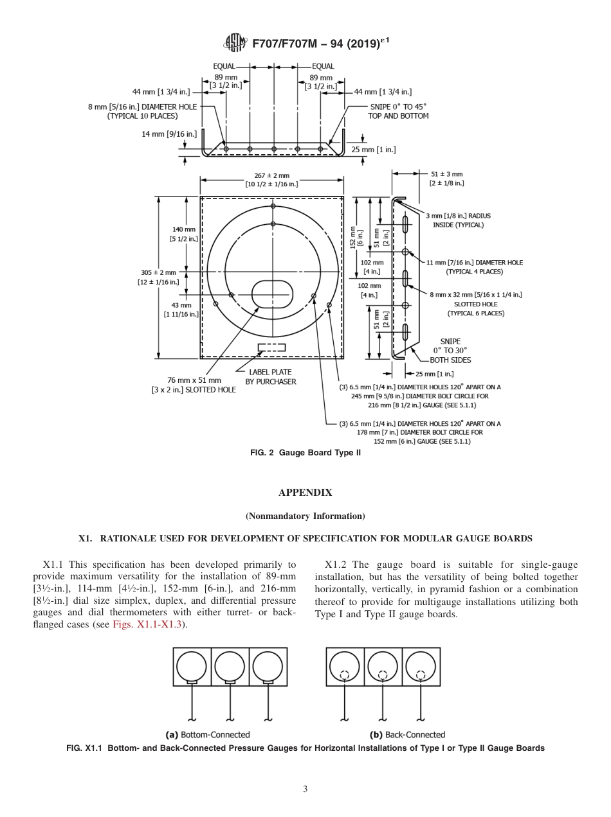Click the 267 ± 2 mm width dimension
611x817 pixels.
[x=271, y=180]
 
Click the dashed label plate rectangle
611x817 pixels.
[x=271, y=347]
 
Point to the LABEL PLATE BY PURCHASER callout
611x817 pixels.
[x=271, y=376]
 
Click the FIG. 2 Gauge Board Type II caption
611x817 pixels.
[x=305, y=453]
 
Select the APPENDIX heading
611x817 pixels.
[x=305, y=493]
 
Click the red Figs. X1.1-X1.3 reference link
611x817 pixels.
[x=149, y=624]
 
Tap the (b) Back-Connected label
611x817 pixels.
[x=407, y=734]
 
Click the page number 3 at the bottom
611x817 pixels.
[x=305, y=789]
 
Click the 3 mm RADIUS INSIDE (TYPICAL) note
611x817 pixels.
[x=458, y=220]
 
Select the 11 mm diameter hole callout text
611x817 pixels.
[x=474, y=267]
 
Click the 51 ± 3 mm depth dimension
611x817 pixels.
[x=446, y=178]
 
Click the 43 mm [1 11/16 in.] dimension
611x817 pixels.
[x=181, y=309]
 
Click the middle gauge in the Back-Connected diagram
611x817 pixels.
[x=383, y=665]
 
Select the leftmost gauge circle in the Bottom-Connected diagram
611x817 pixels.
[x=192, y=665]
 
